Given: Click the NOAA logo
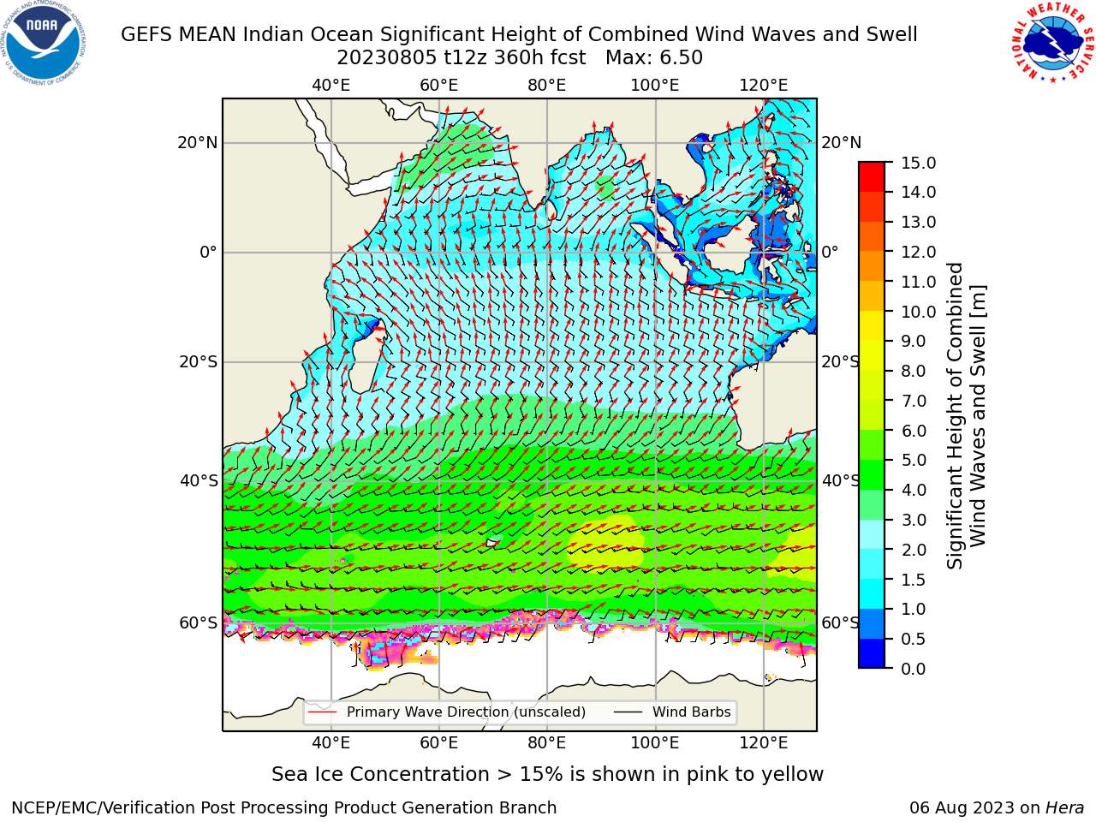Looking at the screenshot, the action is click(44, 44).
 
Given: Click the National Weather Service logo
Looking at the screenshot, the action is click(1052, 43).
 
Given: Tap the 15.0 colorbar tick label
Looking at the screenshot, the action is click(918, 164).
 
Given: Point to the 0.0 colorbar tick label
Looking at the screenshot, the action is click(914, 669).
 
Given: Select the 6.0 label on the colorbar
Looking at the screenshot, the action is click(914, 431).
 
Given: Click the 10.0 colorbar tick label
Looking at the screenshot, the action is click(918, 312).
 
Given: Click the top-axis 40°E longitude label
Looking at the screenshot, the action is click(331, 86).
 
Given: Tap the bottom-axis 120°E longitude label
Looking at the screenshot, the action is click(764, 743).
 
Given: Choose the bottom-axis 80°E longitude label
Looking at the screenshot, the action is click(547, 743).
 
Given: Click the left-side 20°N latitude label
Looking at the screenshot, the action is click(198, 143).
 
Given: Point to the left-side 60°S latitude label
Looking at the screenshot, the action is click(199, 622).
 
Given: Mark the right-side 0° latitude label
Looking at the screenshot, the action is click(831, 252).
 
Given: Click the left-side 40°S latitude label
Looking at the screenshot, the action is click(199, 480).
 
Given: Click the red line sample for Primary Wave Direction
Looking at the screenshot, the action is click(323, 712).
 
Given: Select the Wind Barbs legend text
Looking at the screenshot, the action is click(692, 712).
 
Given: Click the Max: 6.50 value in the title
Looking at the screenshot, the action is click(654, 58).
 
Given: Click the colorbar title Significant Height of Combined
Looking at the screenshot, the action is click(954, 416).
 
